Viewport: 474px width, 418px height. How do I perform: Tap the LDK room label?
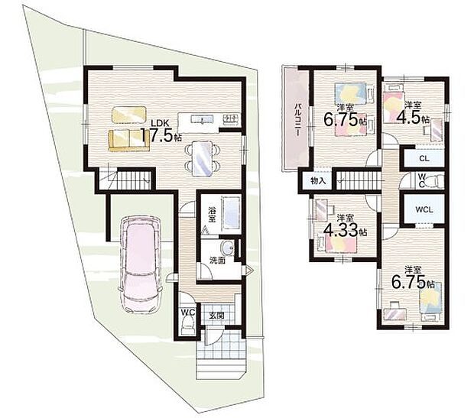pyautogui.click(x=159, y=123)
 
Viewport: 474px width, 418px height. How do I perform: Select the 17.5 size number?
pyautogui.click(x=162, y=138)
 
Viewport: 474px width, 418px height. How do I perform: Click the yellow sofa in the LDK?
pyautogui.click(x=128, y=139)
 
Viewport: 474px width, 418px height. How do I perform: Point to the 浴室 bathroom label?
pyautogui.click(x=210, y=216)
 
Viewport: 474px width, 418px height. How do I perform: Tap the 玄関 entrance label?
pyautogui.click(x=216, y=313)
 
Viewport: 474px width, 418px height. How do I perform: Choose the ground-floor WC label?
pyautogui.click(x=188, y=313)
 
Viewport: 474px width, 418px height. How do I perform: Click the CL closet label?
pyautogui.click(x=423, y=158)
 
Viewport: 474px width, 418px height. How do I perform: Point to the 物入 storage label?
pyautogui.click(x=319, y=181)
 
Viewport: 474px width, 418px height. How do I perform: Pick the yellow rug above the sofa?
pyautogui.click(x=128, y=114)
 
